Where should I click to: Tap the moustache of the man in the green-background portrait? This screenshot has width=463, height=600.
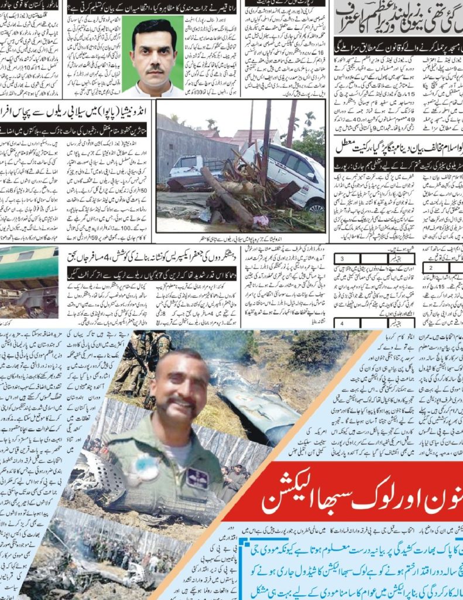tap(154, 69)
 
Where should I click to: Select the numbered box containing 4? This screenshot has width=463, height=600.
tap(342, 323)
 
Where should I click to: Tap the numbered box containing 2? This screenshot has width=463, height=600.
tap(430, 268)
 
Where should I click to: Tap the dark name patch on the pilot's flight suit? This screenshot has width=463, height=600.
tap(198, 478)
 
